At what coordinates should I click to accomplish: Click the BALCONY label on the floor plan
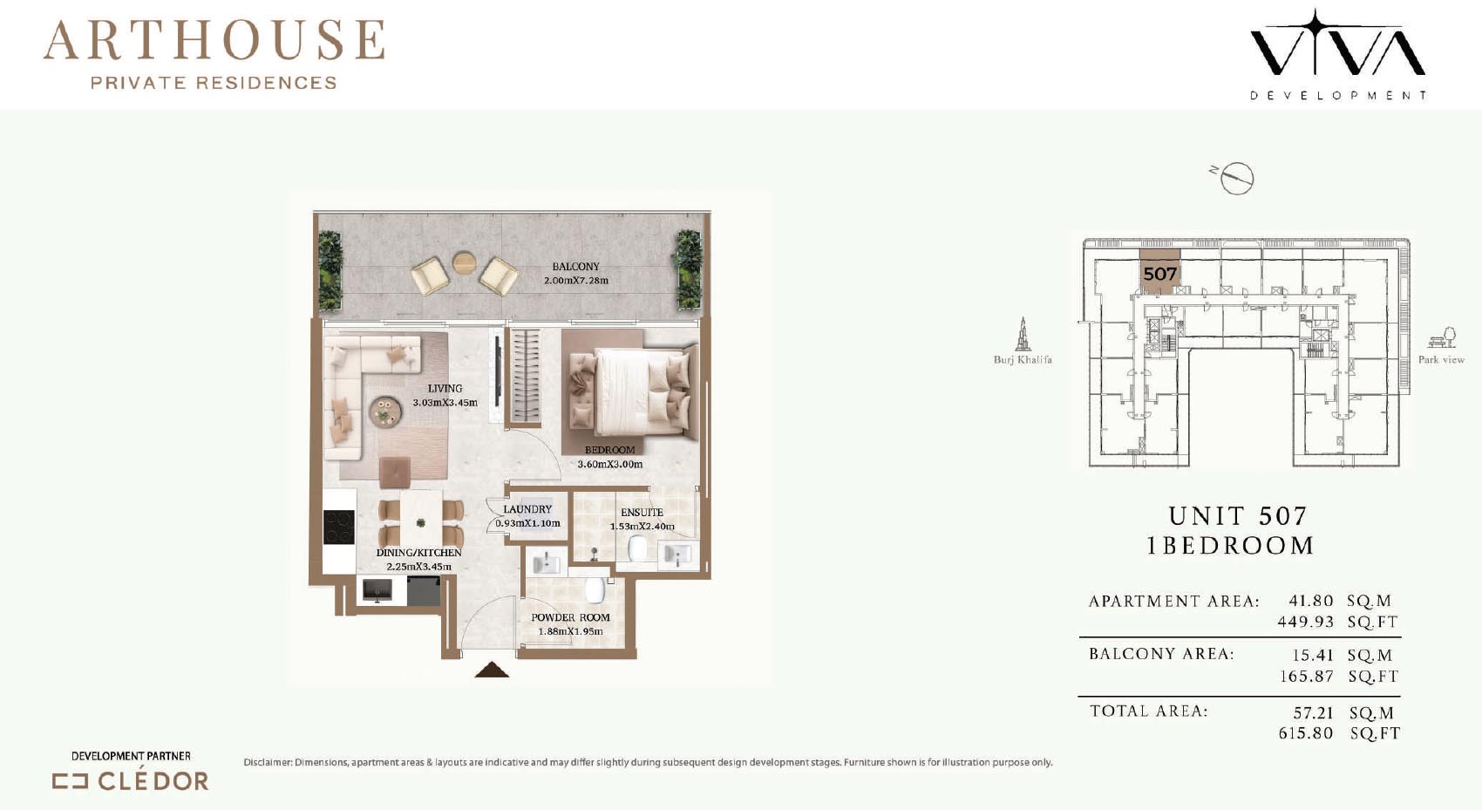coord(575,267)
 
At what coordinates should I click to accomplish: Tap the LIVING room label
coord(445,389)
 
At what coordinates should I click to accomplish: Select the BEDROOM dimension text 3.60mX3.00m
coord(610,464)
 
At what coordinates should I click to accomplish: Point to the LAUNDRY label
coord(527,509)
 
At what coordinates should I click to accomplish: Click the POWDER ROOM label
coord(570,617)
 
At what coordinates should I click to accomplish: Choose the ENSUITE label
coord(642,512)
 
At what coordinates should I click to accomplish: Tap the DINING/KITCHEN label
coord(418,553)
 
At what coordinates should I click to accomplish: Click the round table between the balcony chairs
coord(465,262)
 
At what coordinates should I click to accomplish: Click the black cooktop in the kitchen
coord(339,527)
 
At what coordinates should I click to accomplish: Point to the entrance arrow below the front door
coord(492,670)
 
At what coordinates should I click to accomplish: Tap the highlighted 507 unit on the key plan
coord(1159,271)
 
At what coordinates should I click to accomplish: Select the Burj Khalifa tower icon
coord(1023,334)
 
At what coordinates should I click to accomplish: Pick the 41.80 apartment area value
coord(1310,601)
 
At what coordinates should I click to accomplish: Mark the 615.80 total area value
coord(1305,733)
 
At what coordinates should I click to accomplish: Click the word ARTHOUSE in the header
coord(214,40)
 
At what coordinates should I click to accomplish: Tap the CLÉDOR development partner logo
coord(131,781)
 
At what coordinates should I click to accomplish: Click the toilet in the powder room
coord(595,590)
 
